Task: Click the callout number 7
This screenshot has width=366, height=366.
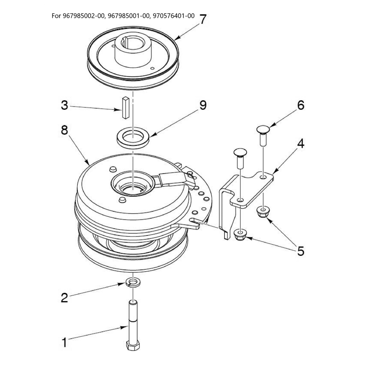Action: tap(203, 19)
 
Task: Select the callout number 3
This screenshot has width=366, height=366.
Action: tap(65, 105)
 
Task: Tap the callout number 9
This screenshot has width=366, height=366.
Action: tap(203, 105)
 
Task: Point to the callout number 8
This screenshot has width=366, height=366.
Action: tap(65, 130)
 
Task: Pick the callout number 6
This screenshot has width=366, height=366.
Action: tap(301, 105)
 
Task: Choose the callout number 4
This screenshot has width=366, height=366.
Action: tap(301, 143)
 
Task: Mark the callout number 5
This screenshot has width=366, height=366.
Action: tap(301, 251)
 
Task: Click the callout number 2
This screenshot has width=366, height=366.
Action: tap(65, 298)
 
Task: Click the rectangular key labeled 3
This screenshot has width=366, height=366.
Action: tap(125, 108)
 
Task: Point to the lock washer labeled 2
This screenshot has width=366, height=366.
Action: tap(133, 283)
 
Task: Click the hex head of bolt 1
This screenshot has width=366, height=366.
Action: tap(133, 345)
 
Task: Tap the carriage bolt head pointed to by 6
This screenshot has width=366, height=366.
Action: tap(263, 129)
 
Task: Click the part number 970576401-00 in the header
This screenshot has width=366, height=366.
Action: tap(174, 16)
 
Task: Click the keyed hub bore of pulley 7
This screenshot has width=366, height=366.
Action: tap(133, 43)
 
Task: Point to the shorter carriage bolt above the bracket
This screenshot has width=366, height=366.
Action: tap(240, 157)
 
